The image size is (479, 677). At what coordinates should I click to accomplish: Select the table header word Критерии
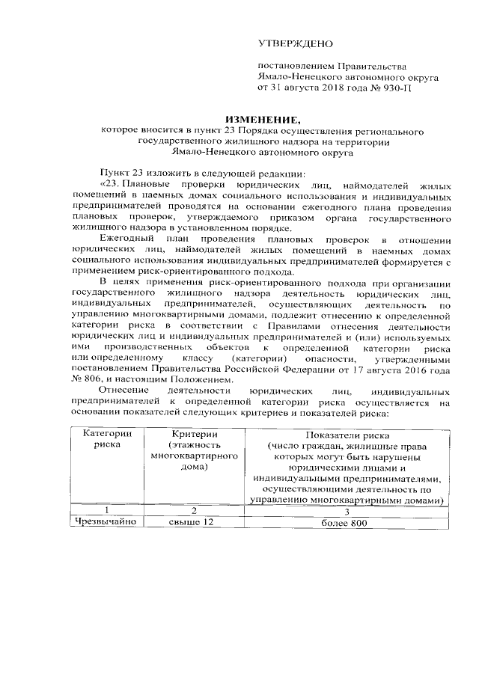click(194, 435)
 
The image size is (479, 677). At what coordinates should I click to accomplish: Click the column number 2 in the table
click(194, 510)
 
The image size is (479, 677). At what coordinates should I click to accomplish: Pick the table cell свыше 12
click(194, 521)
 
